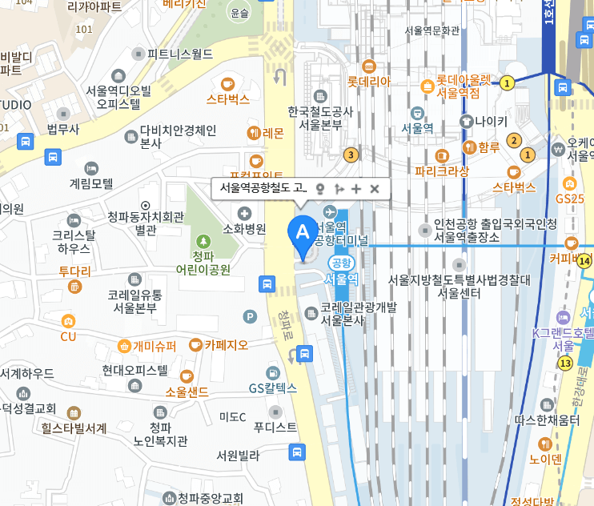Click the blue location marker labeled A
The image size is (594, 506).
[303, 233]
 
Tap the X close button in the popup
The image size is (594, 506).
[374, 189]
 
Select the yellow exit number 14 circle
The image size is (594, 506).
[585, 260]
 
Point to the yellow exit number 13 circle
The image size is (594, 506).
[565, 363]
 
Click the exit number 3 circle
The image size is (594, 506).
[350, 155]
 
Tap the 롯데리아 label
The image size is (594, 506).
[368, 81]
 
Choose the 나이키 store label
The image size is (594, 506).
[491, 121]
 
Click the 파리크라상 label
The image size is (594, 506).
[441, 171]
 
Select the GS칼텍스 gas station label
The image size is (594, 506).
[272, 388]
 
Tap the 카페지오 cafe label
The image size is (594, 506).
[226, 345]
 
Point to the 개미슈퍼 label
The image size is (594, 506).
[155, 346]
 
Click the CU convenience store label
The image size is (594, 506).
[68, 335]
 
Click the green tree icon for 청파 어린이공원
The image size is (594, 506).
[203, 240]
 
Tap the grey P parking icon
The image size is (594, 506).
[250, 317]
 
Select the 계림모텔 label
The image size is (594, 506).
[91, 183]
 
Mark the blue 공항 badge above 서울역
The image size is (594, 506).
[342, 262]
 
